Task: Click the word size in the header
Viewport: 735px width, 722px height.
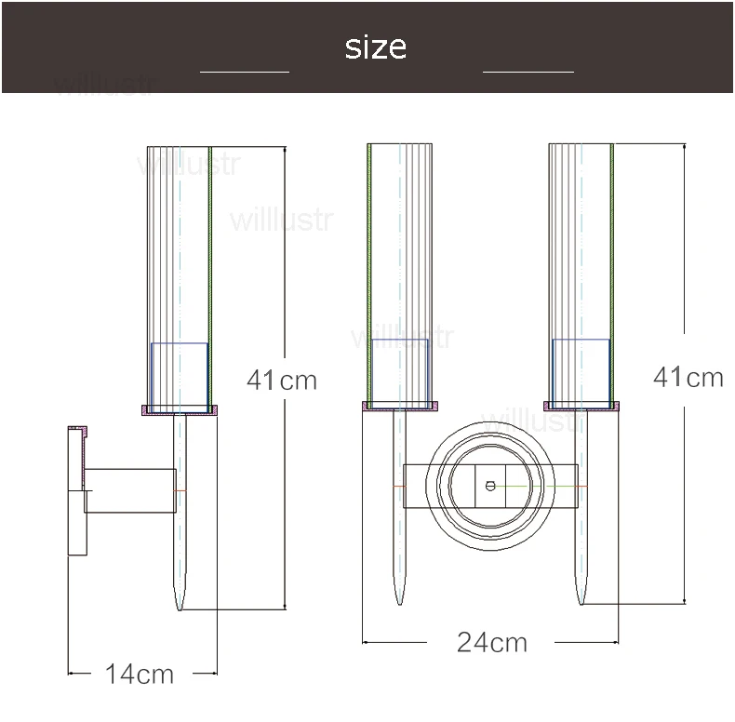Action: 376,47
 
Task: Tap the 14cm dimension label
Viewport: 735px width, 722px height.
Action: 140,675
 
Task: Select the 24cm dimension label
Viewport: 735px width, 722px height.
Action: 492,642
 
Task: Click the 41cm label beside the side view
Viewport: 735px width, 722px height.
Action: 282,380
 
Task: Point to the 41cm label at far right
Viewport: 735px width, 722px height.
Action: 688,377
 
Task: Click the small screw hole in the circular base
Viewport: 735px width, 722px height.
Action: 490,487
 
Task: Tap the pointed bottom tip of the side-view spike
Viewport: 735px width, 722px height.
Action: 180,609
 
